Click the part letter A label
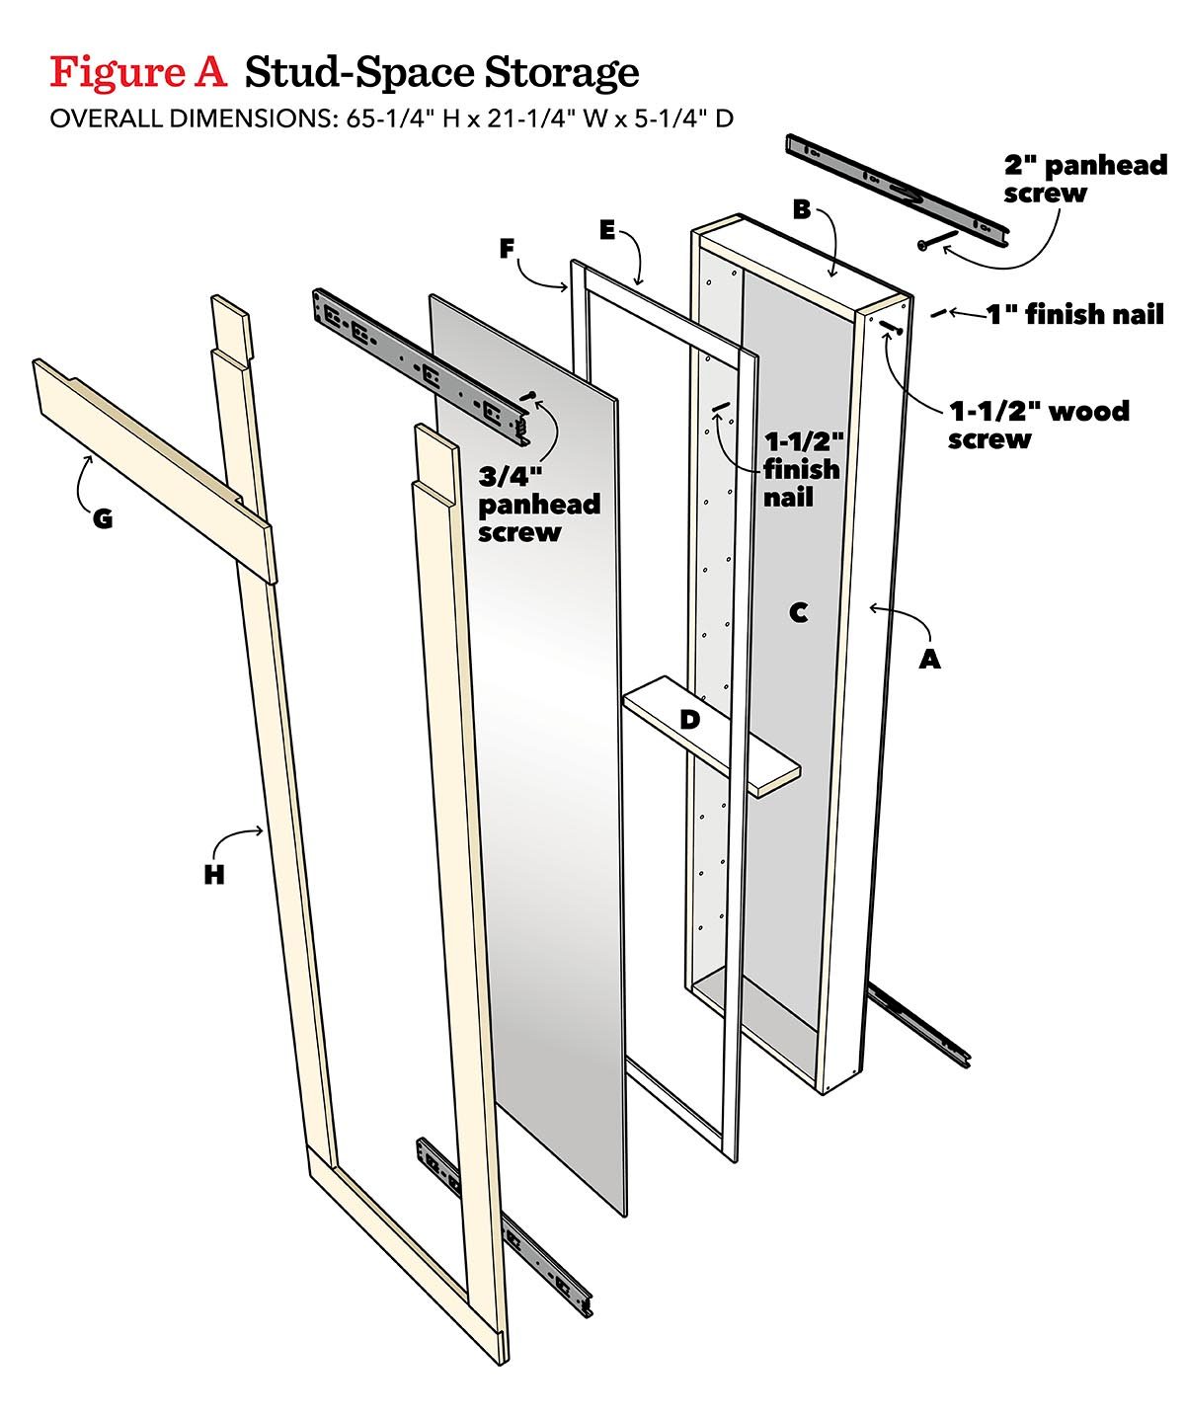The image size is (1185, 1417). click(x=929, y=660)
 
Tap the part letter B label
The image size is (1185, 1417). click(x=802, y=209)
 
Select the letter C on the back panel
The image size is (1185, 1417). click(x=799, y=613)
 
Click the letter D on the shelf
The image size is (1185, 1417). click(x=689, y=720)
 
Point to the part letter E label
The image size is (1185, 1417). click(x=607, y=230)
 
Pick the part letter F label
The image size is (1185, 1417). click(x=507, y=249)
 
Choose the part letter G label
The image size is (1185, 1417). click(x=102, y=517)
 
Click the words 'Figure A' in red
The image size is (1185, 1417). click(x=138, y=72)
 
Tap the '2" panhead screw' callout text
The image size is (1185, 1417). click(x=1084, y=179)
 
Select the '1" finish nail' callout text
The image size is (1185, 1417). click(x=1074, y=315)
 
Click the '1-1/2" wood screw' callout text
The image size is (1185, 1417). click(x=1037, y=425)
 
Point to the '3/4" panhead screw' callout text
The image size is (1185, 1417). click(x=538, y=505)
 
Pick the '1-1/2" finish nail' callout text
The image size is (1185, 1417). click(x=801, y=468)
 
